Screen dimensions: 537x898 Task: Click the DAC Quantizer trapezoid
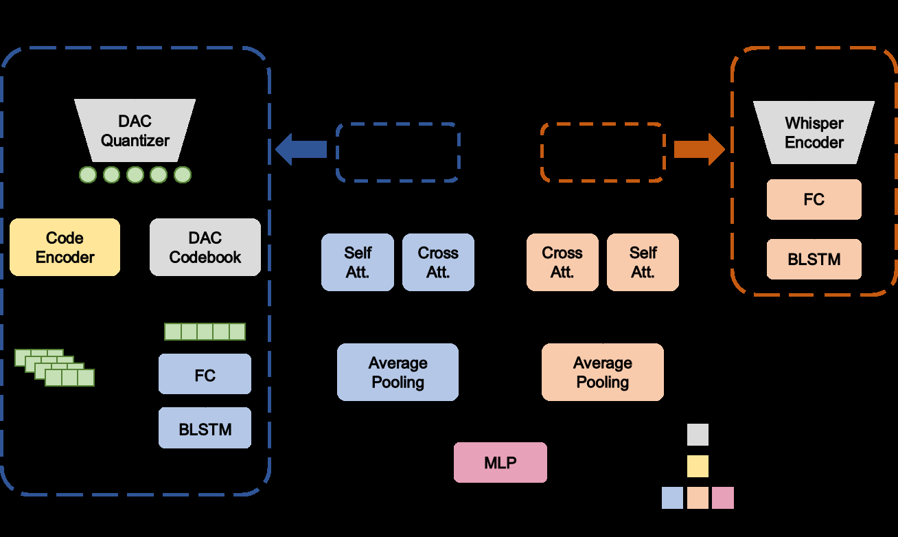point(135,130)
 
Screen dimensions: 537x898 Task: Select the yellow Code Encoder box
point(65,247)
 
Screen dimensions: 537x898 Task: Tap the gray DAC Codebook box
point(205,247)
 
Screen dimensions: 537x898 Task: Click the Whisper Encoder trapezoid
point(814,133)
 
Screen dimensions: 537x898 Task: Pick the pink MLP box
point(500,462)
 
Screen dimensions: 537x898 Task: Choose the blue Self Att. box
point(358,262)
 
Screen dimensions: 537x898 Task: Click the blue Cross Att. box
point(438,262)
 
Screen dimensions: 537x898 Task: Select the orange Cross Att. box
point(562,262)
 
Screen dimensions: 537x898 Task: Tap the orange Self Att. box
point(643,262)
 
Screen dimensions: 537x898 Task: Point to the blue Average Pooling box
point(398,372)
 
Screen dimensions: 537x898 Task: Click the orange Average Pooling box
point(603,372)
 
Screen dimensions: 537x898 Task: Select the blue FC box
point(205,374)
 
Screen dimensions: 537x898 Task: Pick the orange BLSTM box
point(814,260)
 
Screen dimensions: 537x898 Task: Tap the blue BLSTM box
point(205,429)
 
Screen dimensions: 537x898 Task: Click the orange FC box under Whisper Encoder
point(814,200)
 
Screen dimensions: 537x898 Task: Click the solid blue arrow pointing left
point(301,150)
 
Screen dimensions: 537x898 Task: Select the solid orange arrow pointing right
point(699,149)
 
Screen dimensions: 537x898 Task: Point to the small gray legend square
point(698,435)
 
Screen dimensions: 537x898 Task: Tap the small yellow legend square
point(698,466)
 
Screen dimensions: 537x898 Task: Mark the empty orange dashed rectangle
point(603,152)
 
